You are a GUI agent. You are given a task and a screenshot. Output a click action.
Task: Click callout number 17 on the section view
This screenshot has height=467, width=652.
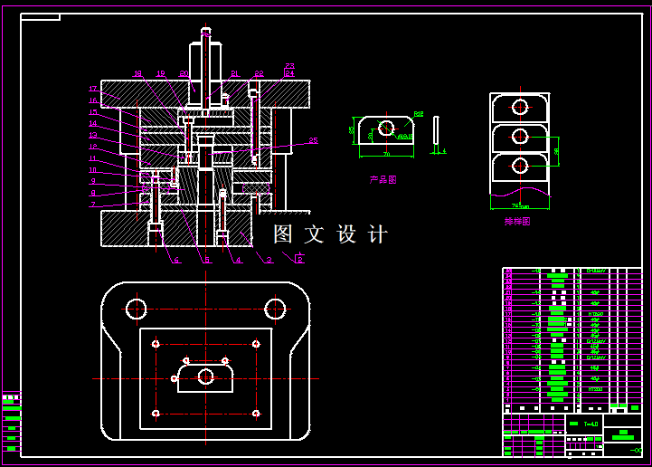(x=92, y=89)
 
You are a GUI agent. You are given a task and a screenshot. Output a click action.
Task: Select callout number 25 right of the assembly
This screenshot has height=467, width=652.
(x=313, y=140)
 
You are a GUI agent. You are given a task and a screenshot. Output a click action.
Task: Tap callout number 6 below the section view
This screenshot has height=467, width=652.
(x=176, y=261)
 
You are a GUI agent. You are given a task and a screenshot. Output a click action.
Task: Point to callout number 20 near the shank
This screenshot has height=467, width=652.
(x=184, y=73)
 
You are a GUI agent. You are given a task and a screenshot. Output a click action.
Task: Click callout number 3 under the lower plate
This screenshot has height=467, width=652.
(x=269, y=261)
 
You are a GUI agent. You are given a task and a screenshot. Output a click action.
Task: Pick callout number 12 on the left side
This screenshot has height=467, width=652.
(x=92, y=147)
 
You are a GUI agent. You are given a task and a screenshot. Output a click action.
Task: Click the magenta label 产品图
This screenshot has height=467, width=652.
(x=383, y=180)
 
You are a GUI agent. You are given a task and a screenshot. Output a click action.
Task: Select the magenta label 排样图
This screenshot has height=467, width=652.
(x=517, y=220)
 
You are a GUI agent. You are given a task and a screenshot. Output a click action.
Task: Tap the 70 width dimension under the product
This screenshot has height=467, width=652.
(x=386, y=155)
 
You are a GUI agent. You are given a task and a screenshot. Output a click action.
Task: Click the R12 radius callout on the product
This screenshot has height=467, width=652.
(x=419, y=114)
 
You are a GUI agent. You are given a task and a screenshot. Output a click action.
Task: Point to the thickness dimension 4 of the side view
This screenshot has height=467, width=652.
(x=443, y=150)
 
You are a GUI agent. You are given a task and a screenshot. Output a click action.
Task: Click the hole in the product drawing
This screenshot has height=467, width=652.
(x=386, y=128)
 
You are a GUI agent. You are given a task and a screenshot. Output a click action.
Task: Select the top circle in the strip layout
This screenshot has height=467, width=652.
(x=520, y=106)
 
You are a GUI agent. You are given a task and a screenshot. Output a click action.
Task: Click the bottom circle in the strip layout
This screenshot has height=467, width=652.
(x=520, y=166)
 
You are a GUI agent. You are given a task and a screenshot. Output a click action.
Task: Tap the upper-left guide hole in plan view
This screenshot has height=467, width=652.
(x=137, y=310)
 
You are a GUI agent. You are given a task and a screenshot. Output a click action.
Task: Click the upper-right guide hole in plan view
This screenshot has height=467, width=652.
(x=275, y=310)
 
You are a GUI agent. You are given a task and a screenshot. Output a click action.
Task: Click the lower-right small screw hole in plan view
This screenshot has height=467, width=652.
(x=256, y=414)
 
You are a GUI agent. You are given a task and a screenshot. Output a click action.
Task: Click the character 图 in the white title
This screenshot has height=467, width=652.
(x=283, y=235)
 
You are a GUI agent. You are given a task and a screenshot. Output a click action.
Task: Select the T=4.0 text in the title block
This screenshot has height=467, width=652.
(x=591, y=424)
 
